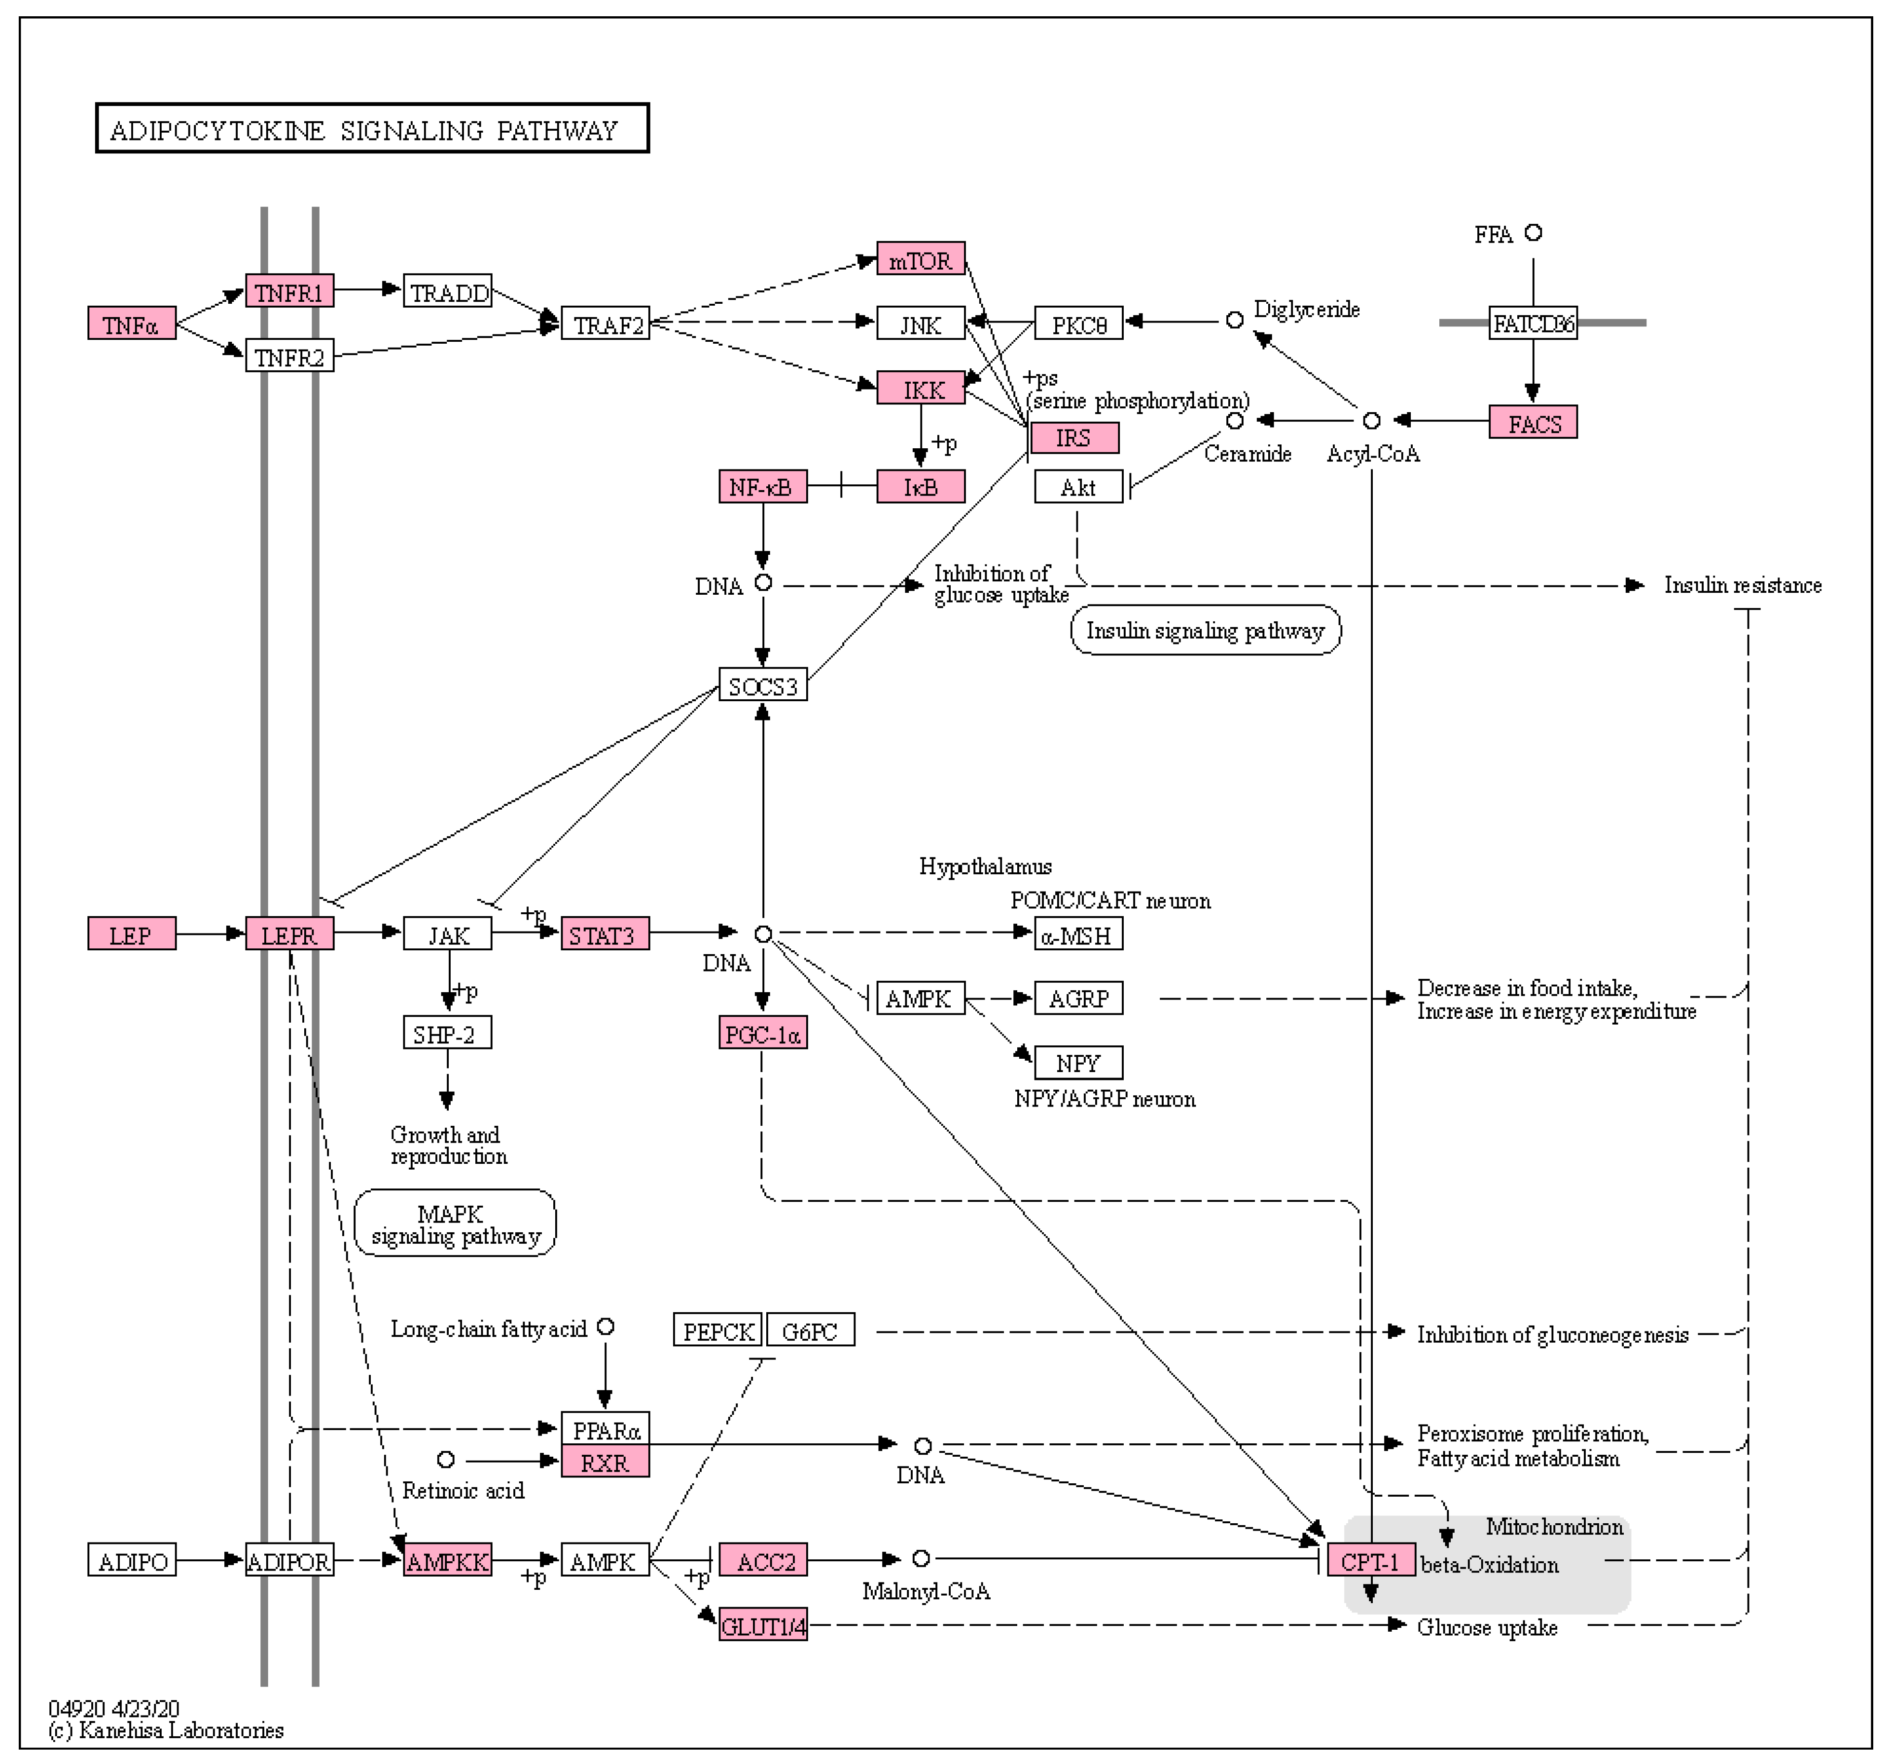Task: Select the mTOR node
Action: click(920, 259)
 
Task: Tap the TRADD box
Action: click(448, 292)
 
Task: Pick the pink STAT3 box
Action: click(605, 934)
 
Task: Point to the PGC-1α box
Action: click(762, 1034)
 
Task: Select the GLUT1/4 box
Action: click(762, 1626)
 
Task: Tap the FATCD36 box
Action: click(1533, 323)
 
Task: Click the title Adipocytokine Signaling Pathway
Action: click(372, 128)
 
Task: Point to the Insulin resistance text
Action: click(1742, 585)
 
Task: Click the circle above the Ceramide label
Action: click(1234, 420)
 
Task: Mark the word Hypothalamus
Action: click(985, 866)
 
